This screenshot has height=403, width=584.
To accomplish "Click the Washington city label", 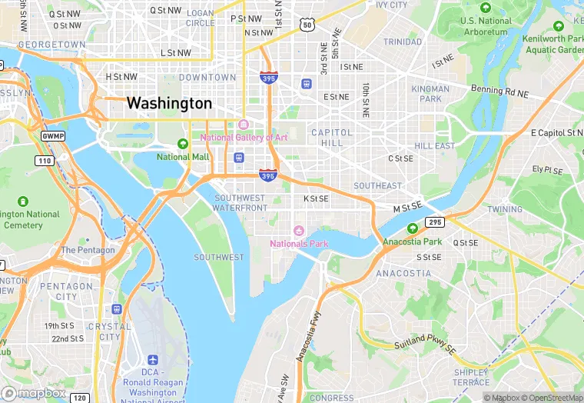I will pos(169,102).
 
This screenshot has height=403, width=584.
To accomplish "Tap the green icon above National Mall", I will pos(183,143).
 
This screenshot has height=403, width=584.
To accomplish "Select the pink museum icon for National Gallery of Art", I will pos(244,125).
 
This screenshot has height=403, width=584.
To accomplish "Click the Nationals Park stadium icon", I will pos(299,231).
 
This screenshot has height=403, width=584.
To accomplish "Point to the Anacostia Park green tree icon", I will pos(413,228).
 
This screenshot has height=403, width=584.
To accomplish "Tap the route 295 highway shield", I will pos(435,222).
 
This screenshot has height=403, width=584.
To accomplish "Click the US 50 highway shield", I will pos(307,25).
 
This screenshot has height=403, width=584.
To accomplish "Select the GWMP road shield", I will pos(53,135).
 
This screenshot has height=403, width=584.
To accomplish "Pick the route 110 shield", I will pos(44,160).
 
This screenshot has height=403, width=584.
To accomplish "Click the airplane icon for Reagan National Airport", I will pos(152,360).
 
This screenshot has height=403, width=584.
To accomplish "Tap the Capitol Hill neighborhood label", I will pos(332,138).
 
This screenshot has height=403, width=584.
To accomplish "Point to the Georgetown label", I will pos(51,45).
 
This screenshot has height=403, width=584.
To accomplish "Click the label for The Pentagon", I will pos(88,250).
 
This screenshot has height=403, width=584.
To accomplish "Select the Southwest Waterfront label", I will pos(240,203).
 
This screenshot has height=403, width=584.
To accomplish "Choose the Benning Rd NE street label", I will pos(500,91).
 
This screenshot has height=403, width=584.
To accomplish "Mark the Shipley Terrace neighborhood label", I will pos(471,378).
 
